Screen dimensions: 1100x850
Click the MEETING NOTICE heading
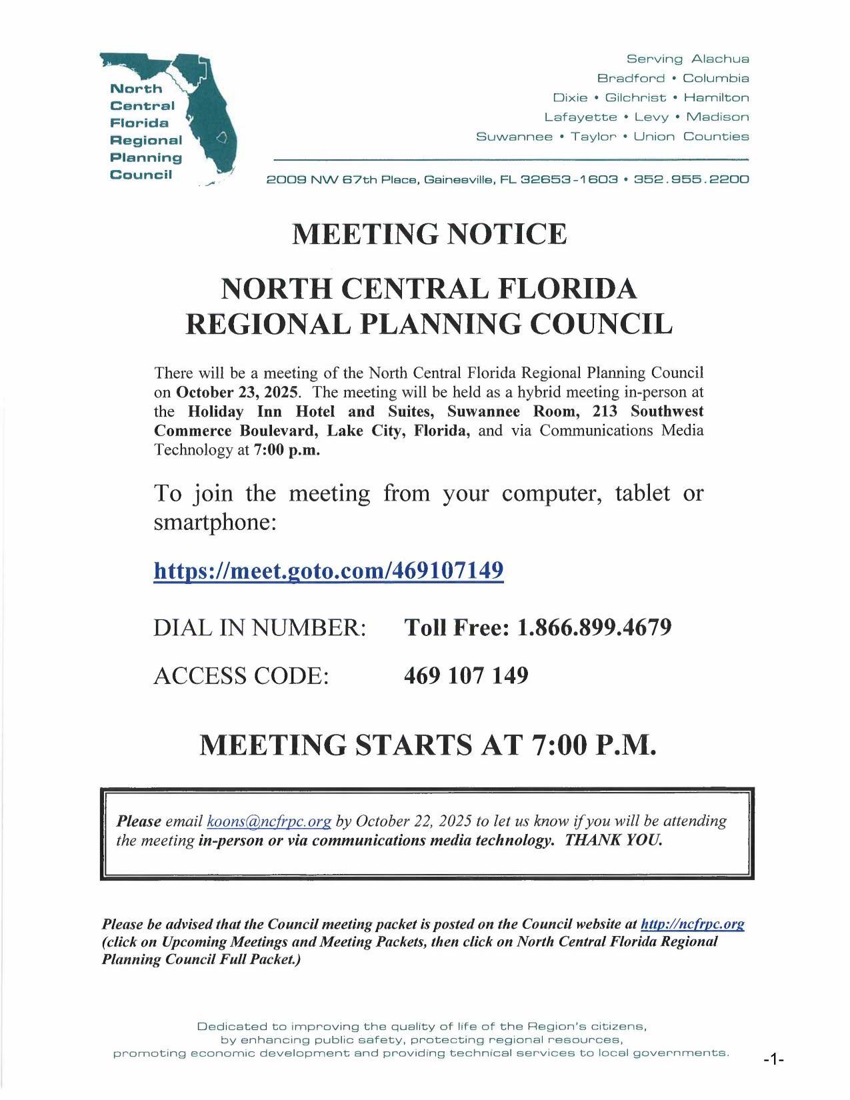click(x=429, y=234)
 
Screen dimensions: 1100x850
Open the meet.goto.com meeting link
click(x=328, y=571)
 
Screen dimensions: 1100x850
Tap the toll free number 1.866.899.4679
click(x=594, y=627)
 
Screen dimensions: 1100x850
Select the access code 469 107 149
click(x=466, y=675)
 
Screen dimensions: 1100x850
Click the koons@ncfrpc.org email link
click(x=269, y=821)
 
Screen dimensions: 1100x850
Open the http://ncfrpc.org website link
click(x=692, y=924)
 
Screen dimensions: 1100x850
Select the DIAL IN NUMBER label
click(x=260, y=627)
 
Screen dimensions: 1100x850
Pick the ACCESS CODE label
click(x=241, y=675)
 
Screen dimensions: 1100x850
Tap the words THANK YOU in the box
click(x=613, y=839)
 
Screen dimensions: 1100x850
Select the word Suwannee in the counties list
click(x=514, y=137)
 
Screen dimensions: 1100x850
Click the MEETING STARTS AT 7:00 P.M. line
click(x=428, y=745)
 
